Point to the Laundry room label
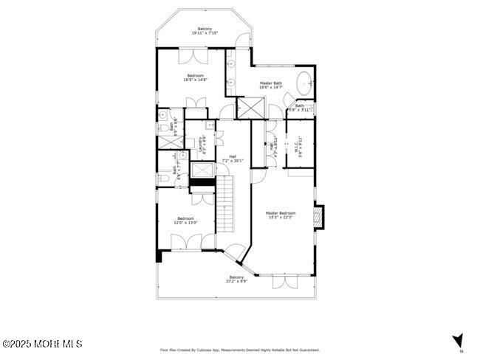[x=202, y=144]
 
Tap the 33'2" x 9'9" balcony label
[x=236, y=279]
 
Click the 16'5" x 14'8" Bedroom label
[x=195, y=77]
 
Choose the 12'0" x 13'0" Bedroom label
[x=185, y=220]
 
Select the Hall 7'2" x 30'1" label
[x=233, y=158]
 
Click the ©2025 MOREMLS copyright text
[x=42, y=344]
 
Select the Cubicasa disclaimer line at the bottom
[x=240, y=350]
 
